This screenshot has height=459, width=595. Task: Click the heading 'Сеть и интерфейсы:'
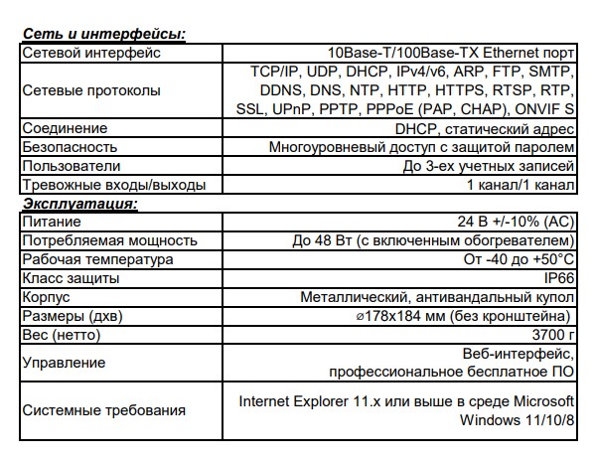point(104,35)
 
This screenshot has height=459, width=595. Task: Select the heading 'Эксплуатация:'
point(79,204)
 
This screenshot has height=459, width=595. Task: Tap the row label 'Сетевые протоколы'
point(91,90)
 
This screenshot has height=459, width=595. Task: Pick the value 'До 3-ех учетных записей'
point(488,166)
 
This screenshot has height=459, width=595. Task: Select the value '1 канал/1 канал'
point(520,185)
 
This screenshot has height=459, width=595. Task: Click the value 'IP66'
point(558,278)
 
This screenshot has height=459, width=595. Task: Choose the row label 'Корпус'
point(48,297)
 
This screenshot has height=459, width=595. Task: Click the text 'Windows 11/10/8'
point(518,420)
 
